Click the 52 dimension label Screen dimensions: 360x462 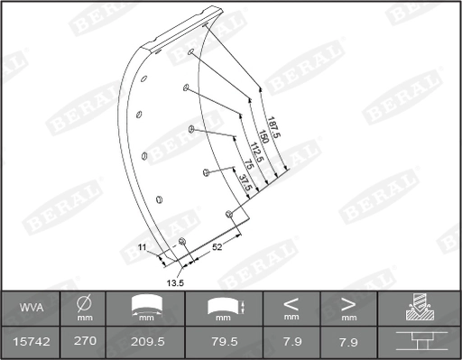pyautogui.click(x=217, y=245)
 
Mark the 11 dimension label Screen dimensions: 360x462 pyautogui.click(x=142, y=246)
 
